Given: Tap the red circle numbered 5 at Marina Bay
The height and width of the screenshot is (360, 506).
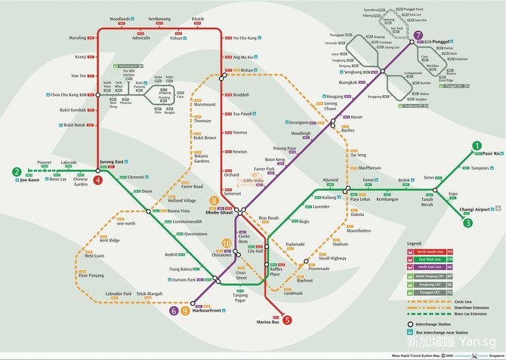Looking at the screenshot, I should pyautogui.click(x=286, y=319).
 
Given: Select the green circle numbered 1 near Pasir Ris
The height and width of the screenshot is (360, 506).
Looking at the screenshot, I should pyautogui.click(x=477, y=146).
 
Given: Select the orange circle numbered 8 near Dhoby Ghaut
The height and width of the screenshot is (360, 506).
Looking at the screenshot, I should pyautogui.click(x=214, y=201).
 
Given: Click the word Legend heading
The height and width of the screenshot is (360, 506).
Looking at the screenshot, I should pyautogui.click(x=414, y=244).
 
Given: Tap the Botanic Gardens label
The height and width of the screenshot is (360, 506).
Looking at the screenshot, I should pyautogui.click(x=202, y=158).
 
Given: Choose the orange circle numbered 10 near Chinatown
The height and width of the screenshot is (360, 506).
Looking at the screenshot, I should pyautogui.click(x=226, y=243).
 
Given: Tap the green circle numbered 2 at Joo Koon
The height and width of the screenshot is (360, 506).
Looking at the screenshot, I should pyautogui.click(x=15, y=172).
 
